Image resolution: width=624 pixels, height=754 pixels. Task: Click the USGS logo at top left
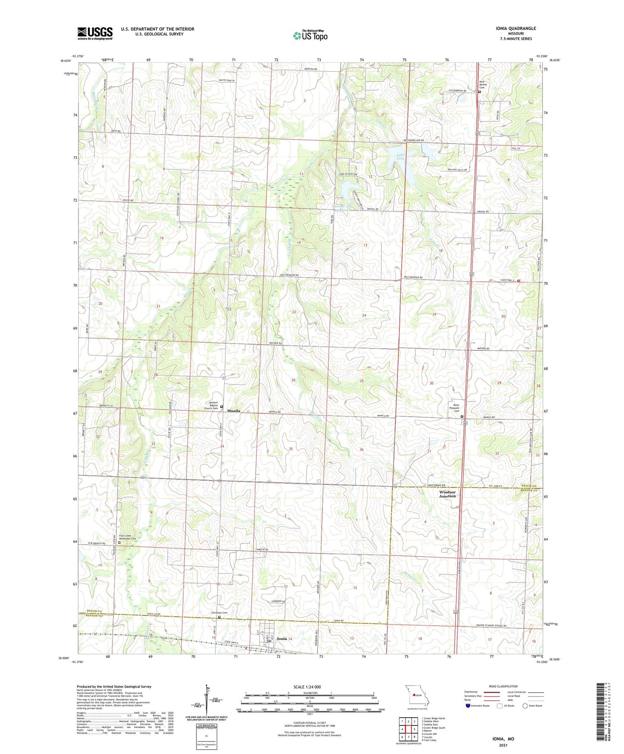[x=95, y=33]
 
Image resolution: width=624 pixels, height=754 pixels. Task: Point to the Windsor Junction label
[x=447, y=494]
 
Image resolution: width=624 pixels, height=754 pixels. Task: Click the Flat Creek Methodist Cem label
[x=127, y=537]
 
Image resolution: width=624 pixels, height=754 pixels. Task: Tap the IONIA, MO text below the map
[x=503, y=739]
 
